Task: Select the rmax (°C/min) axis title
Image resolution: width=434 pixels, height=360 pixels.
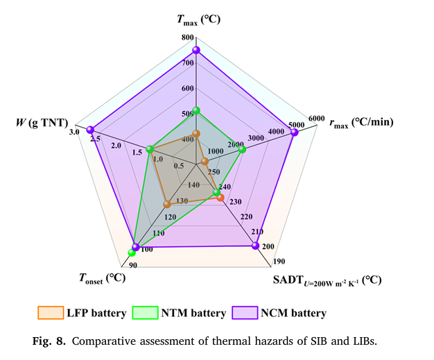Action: pyautogui.click(x=361, y=123)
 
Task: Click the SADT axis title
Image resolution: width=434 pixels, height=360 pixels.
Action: pyautogui.click(x=326, y=280)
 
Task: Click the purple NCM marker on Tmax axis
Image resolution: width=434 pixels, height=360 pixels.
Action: pyautogui.click(x=197, y=50)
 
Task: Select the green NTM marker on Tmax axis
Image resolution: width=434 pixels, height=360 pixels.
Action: pyautogui.click(x=197, y=110)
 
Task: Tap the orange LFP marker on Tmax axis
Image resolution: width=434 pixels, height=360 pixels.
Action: pyautogui.click(x=197, y=133)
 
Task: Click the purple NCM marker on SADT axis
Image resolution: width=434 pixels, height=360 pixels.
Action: pyautogui.click(x=257, y=246)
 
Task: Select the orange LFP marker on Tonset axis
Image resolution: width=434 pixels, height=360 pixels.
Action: pyautogui.click(x=167, y=204)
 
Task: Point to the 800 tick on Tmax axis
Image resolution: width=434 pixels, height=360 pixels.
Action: pyautogui.click(x=187, y=37)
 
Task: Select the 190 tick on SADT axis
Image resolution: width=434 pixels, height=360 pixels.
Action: pyautogui.click(x=277, y=262)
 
